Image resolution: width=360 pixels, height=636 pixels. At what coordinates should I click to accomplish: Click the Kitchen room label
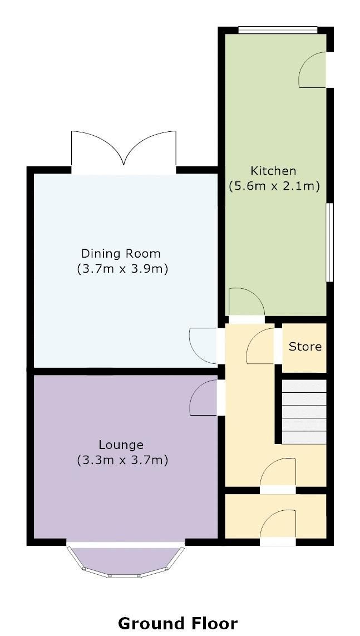click(x=273, y=170)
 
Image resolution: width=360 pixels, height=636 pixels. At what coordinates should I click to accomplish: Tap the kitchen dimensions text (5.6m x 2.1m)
click(x=274, y=186)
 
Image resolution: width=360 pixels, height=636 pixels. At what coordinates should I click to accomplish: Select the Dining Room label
click(x=121, y=254)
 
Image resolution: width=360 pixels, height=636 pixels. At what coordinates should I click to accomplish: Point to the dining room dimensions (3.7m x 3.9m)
click(x=122, y=269)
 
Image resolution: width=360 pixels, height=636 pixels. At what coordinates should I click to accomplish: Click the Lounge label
click(x=121, y=445)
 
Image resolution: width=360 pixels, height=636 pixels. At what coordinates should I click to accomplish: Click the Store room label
click(x=305, y=347)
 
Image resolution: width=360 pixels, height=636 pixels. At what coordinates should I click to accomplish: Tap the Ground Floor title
click(x=177, y=623)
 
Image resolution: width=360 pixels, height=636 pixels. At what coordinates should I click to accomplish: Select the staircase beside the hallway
click(x=303, y=412)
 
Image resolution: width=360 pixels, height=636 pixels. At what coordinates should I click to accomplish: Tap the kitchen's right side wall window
click(x=329, y=242)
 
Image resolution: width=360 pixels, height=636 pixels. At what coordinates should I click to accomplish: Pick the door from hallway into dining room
click(x=205, y=345)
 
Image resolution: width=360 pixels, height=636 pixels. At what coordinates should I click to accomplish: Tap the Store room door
click(x=262, y=346)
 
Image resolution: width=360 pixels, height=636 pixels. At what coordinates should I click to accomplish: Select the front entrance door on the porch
click(x=278, y=526)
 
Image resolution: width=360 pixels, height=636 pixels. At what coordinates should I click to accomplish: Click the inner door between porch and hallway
click(x=278, y=474)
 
